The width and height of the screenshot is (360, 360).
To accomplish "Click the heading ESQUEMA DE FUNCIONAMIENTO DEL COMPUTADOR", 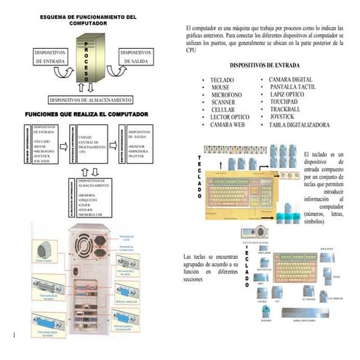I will pyautogui.click(x=87, y=20).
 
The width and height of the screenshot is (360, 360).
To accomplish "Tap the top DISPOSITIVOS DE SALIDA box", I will pyautogui.click(x=135, y=57).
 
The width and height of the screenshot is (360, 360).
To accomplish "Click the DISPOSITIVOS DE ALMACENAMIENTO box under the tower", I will pyautogui.click(x=89, y=99).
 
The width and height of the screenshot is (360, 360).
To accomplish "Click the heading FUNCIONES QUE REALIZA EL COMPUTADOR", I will pyautogui.click(x=87, y=115).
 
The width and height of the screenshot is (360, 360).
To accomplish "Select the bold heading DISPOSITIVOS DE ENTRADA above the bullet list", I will pyautogui.click(x=264, y=65).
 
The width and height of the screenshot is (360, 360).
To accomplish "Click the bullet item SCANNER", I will pyautogui.click(x=223, y=102).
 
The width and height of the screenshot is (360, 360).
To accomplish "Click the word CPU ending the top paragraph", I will pyautogui.click(x=191, y=52).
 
